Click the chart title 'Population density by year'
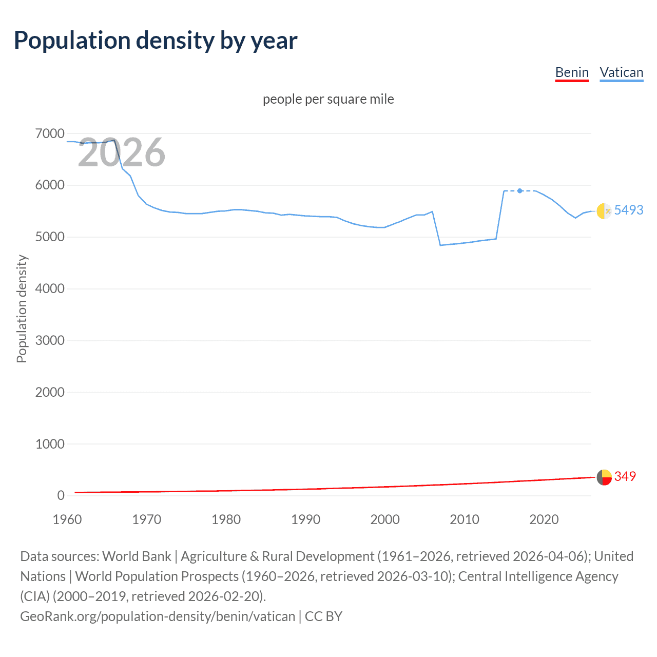(x=156, y=41)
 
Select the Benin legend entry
(x=572, y=72)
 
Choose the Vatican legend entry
(x=621, y=72)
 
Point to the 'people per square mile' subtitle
(x=328, y=99)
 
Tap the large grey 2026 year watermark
(x=122, y=152)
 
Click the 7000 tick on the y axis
(x=50, y=134)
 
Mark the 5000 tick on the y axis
(x=50, y=237)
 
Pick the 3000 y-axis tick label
(x=50, y=340)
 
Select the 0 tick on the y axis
(x=61, y=495)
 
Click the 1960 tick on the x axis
(x=67, y=519)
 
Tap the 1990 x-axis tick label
(x=305, y=519)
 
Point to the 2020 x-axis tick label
(x=544, y=519)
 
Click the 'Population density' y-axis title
(x=22, y=309)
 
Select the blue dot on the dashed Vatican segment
(x=520, y=191)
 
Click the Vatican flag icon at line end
(x=604, y=210)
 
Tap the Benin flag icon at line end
(x=604, y=477)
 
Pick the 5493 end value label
(x=629, y=210)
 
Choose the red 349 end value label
(x=625, y=476)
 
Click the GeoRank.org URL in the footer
(x=158, y=616)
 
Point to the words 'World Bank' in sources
(x=137, y=556)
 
